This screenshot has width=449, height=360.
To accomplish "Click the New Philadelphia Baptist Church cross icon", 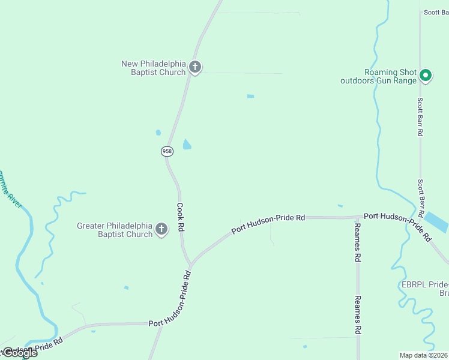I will [x=194, y=67].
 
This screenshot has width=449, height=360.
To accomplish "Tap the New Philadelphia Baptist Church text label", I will [x=154, y=68].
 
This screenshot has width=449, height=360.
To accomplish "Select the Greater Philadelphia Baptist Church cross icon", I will [x=161, y=229].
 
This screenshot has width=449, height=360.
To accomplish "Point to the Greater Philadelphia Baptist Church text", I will [x=115, y=230].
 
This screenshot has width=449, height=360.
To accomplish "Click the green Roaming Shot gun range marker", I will [x=425, y=75].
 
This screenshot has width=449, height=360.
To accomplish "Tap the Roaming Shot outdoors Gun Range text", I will [x=378, y=76].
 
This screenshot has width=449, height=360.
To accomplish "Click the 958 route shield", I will [x=167, y=151].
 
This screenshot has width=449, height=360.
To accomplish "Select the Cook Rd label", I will [x=180, y=217].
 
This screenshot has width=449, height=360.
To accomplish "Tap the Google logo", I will [x=19, y=353].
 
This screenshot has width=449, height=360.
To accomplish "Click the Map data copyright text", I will [x=424, y=355].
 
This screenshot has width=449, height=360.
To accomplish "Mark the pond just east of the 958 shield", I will [x=187, y=145].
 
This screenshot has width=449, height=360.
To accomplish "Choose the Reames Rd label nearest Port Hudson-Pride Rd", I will [x=357, y=242].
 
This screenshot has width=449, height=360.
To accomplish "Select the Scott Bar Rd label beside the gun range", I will [x=421, y=117].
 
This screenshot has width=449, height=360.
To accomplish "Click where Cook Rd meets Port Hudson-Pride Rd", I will [x=191, y=264].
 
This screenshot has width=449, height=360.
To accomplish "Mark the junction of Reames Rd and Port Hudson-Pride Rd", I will [x=358, y=217].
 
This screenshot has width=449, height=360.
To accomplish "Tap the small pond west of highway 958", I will [x=158, y=133].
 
